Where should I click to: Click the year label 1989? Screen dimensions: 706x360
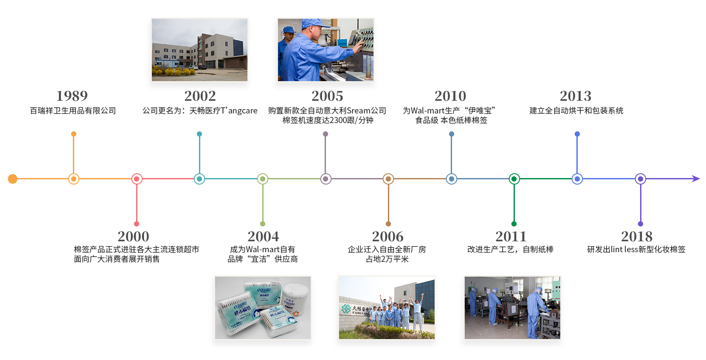click(x=72, y=96)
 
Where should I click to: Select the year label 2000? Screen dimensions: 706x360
click(x=134, y=237)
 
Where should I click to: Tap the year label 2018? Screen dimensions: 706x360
click(x=637, y=237)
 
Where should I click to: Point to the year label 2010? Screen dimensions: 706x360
click(x=450, y=96)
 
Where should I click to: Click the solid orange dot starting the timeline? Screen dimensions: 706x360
click(x=13, y=179)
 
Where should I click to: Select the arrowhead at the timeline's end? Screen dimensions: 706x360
click(x=696, y=179)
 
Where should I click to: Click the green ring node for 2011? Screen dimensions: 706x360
click(x=514, y=179)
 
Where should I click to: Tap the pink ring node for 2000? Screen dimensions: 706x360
click(x=137, y=179)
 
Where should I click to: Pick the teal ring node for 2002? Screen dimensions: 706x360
click(x=199, y=179)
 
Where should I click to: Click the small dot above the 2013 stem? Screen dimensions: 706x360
click(x=577, y=134)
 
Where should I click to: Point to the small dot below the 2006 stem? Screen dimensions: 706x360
click(x=388, y=224)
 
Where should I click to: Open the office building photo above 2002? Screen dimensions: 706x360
click(x=199, y=50)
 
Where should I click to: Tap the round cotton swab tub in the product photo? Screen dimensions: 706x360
click(x=295, y=298)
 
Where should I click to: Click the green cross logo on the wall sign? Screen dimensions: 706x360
click(x=346, y=309)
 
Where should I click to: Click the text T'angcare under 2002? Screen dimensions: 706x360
click(x=239, y=111)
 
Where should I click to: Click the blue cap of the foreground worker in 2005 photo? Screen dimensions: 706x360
click(x=315, y=23)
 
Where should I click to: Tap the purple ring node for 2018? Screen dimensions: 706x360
click(x=640, y=179)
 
